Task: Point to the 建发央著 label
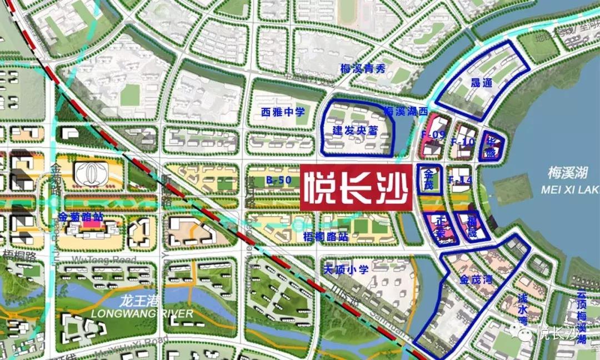355,131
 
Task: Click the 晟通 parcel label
481,83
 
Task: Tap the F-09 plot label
433,134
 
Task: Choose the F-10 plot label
462,142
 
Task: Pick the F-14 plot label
459,180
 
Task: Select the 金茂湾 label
477,279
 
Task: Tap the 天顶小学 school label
346,270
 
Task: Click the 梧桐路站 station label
326,237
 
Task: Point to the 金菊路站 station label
80,217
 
